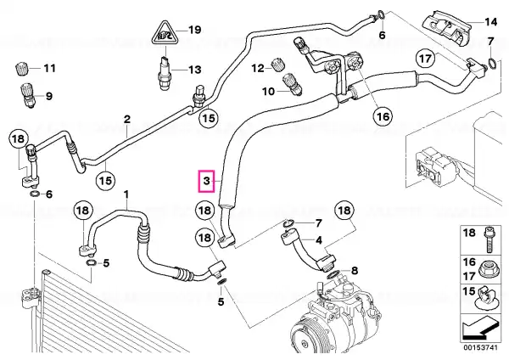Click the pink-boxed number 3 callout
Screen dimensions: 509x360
tap(207, 181)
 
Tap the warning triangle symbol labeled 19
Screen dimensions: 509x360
tap(165, 33)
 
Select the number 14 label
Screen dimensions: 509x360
tap(490, 22)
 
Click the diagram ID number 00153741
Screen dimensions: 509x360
tap(480, 347)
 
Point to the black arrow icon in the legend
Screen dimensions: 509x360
tap(480, 329)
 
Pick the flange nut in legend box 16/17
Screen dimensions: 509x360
tap(487, 269)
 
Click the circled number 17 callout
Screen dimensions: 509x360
tap(426, 59)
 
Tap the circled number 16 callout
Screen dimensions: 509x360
tap(383, 116)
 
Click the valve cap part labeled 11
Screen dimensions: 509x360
tap(22, 69)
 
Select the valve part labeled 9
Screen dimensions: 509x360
tap(28, 95)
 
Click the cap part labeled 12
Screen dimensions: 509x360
tap(278, 65)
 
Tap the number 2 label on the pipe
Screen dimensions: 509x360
tap(127, 119)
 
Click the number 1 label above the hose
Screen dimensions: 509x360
tap(126, 194)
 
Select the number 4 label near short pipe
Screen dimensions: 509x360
tap(319, 240)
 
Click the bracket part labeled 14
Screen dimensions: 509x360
tap(446, 28)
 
